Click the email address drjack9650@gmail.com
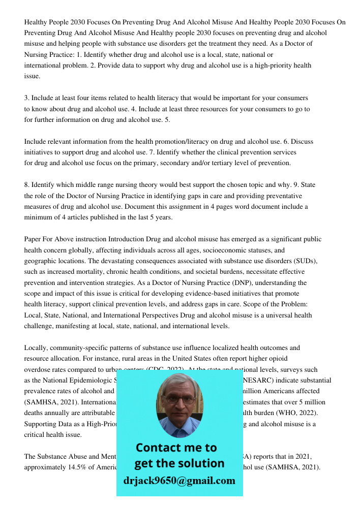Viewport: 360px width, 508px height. point(179,481)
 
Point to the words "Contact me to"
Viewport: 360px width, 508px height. point(176,448)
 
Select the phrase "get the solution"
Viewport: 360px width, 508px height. point(179,463)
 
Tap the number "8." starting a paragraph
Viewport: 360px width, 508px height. point(27,185)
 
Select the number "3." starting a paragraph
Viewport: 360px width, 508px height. point(27,98)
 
